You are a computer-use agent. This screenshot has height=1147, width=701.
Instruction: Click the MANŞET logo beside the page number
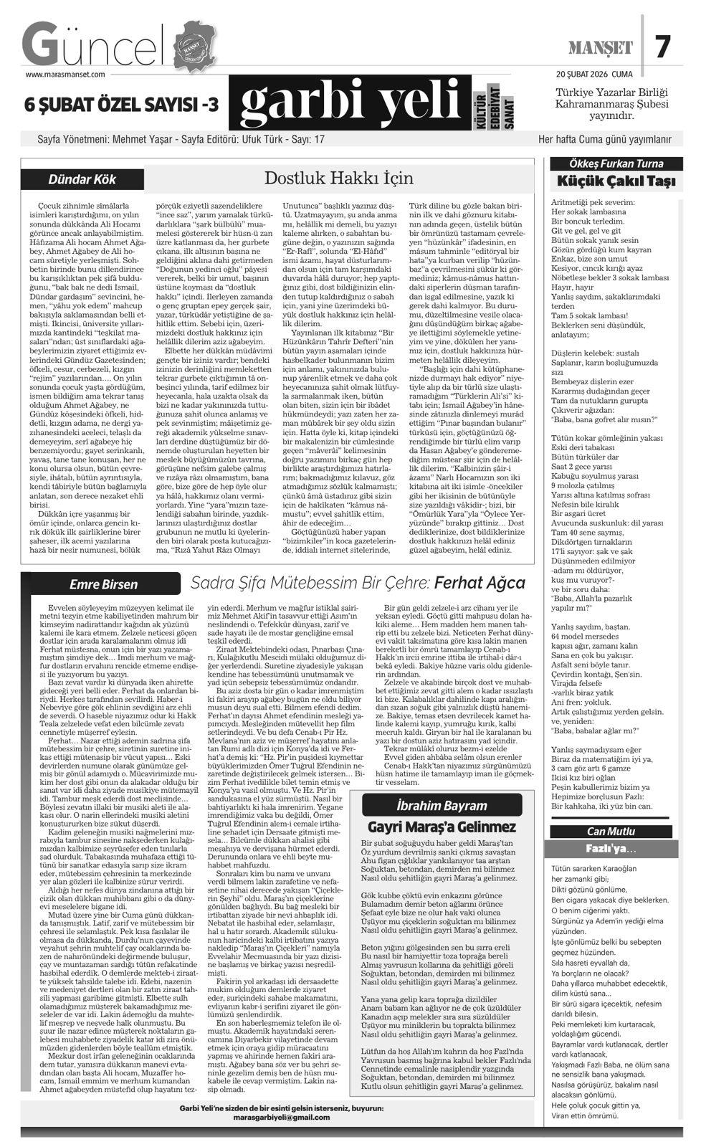pos(601,48)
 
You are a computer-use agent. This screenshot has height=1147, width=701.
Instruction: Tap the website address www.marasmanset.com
pos(65,73)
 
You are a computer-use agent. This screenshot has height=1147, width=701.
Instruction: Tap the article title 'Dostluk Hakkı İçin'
pos(339,177)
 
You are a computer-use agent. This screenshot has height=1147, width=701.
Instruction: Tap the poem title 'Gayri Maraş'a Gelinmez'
pos(440,827)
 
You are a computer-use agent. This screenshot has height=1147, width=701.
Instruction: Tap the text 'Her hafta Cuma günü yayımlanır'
pos(605,139)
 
